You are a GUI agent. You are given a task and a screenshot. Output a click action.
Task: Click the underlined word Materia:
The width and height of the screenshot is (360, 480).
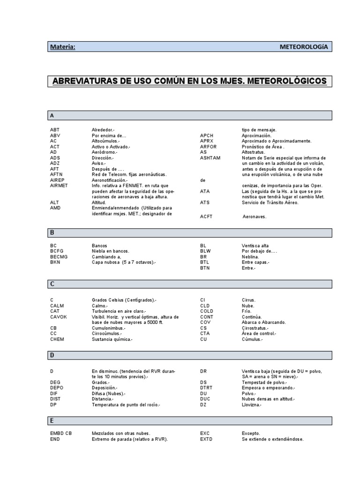pyautogui.click(x=63, y=47)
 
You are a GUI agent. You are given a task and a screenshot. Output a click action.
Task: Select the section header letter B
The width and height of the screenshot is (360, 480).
pyautogui.click(x=52, y=232)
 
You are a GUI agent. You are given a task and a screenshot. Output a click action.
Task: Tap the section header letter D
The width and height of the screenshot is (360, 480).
pyautogui.click(x=52, y=356)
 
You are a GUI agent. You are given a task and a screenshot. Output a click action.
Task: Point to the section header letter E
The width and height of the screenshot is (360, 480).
pyautogui.click(x=52, y=420)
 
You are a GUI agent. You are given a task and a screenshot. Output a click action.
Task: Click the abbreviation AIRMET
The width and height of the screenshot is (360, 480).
pyautogui.click(x=59, y=186)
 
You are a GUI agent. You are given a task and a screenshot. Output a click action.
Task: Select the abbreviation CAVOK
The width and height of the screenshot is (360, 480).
pyautogui.click(x=59, y=317)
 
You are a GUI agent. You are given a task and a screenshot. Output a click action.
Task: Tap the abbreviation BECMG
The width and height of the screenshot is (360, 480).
pyautogui.click(x=59, y=257)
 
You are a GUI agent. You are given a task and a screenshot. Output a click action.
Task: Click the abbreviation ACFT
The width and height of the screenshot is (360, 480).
pyautogui.click(x=207, y=216)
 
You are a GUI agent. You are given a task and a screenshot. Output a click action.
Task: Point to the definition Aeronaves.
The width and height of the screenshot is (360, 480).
pyautogui.click(x=254, y=216)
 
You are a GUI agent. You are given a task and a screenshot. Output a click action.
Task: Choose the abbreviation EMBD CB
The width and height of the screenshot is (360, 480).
pyautogui.click(x=61, y=434)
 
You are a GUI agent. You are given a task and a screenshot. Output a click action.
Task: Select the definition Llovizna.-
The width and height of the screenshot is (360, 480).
pyautogui.click(x=252, y=405)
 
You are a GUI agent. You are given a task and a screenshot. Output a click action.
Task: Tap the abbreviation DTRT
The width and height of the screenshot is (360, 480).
pyautogui.click(x=206, y=388)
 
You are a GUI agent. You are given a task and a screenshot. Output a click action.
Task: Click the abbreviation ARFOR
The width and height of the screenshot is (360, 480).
pyautogui.click(x=208, y=147)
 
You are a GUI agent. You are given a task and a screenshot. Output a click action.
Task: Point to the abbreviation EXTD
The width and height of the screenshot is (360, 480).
pyautogui.click(x=206, y=439)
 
